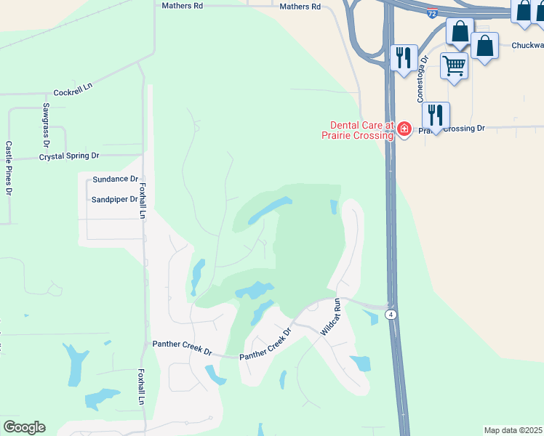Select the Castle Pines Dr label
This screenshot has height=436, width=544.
[9, 169]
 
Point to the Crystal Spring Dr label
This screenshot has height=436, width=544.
[69, 156]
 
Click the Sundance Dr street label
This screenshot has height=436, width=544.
[115, 179]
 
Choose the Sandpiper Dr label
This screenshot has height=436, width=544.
[114, 199]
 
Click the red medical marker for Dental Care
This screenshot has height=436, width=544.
[404, 130]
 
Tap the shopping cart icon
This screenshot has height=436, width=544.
[455, 65]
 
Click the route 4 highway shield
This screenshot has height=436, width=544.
[391, 314]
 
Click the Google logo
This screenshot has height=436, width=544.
[24, 427]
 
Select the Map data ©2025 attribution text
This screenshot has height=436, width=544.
[513, 430]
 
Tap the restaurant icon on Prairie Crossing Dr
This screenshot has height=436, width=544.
[436, 116]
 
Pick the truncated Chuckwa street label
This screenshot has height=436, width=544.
[527, 45]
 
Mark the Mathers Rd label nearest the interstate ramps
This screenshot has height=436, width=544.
[300, 7]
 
